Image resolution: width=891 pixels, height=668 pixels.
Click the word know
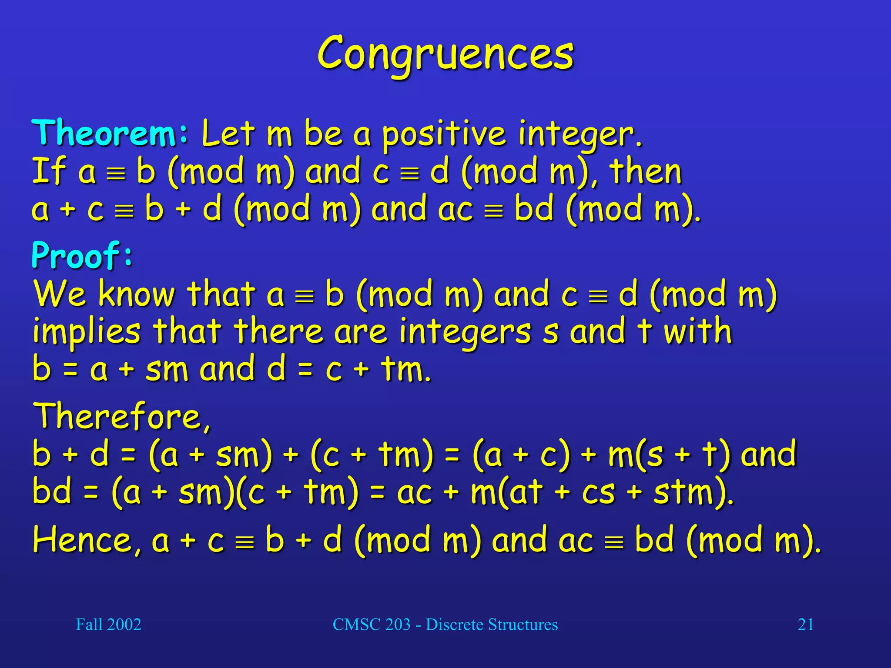click(137, 294)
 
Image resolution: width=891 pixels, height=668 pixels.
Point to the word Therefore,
click(122, 416)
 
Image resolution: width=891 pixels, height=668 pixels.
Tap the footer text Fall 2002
click(108, 625)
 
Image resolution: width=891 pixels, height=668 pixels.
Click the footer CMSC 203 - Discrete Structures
click(445, 625)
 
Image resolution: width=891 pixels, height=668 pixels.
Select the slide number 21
click(805, 625)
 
